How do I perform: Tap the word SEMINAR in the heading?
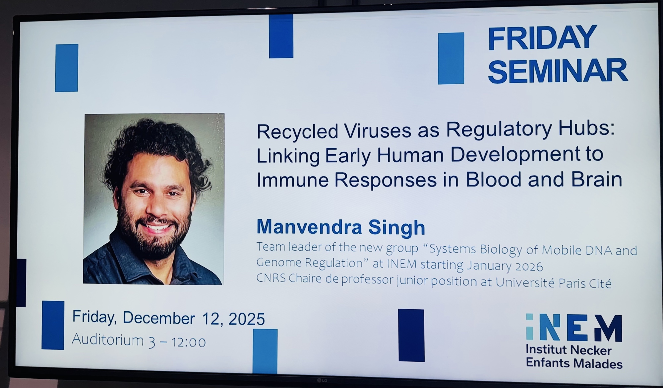click(x=558, y=71)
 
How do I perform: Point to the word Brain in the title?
click(x=597, y=179)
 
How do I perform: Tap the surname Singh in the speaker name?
click(x=396, y=227)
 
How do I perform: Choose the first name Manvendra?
click(x=309, y=227)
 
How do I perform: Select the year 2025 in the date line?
click(x=247, y=319)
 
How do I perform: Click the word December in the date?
click(x=159, y=318)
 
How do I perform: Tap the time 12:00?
click(x=188, y=342)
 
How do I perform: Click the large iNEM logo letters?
click(x=574, y=328)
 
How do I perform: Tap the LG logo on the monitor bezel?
click(x=322, y=380)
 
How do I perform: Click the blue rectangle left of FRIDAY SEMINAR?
click(x=451, y=58)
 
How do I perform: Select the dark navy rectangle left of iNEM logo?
click(x=411, y=335)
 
